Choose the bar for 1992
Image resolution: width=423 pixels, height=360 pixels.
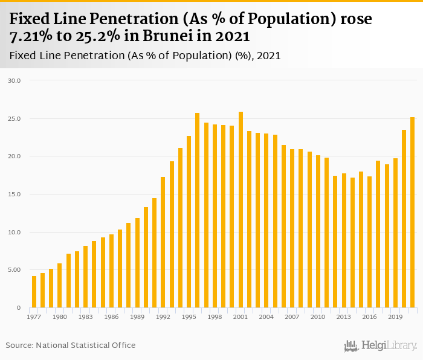click(x=163, y=242)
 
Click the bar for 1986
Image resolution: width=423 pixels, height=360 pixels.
click(x=111, y=271)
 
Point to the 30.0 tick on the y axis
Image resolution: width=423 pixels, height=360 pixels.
click(x=15, y=80)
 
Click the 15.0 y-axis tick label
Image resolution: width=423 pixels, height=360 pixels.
click(x=15, y=194)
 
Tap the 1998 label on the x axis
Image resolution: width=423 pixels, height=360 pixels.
click(x=215, y=317)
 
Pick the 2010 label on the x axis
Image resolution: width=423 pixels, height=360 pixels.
click(x=318, y=317)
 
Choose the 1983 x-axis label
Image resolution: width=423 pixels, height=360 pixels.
click(x=85, y=317)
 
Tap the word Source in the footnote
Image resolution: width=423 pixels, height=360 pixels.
click(x=19, y=345)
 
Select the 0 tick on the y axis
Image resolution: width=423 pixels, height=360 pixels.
click(x=19, y=308)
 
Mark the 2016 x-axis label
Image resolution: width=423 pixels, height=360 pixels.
click(x=370, y=317)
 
